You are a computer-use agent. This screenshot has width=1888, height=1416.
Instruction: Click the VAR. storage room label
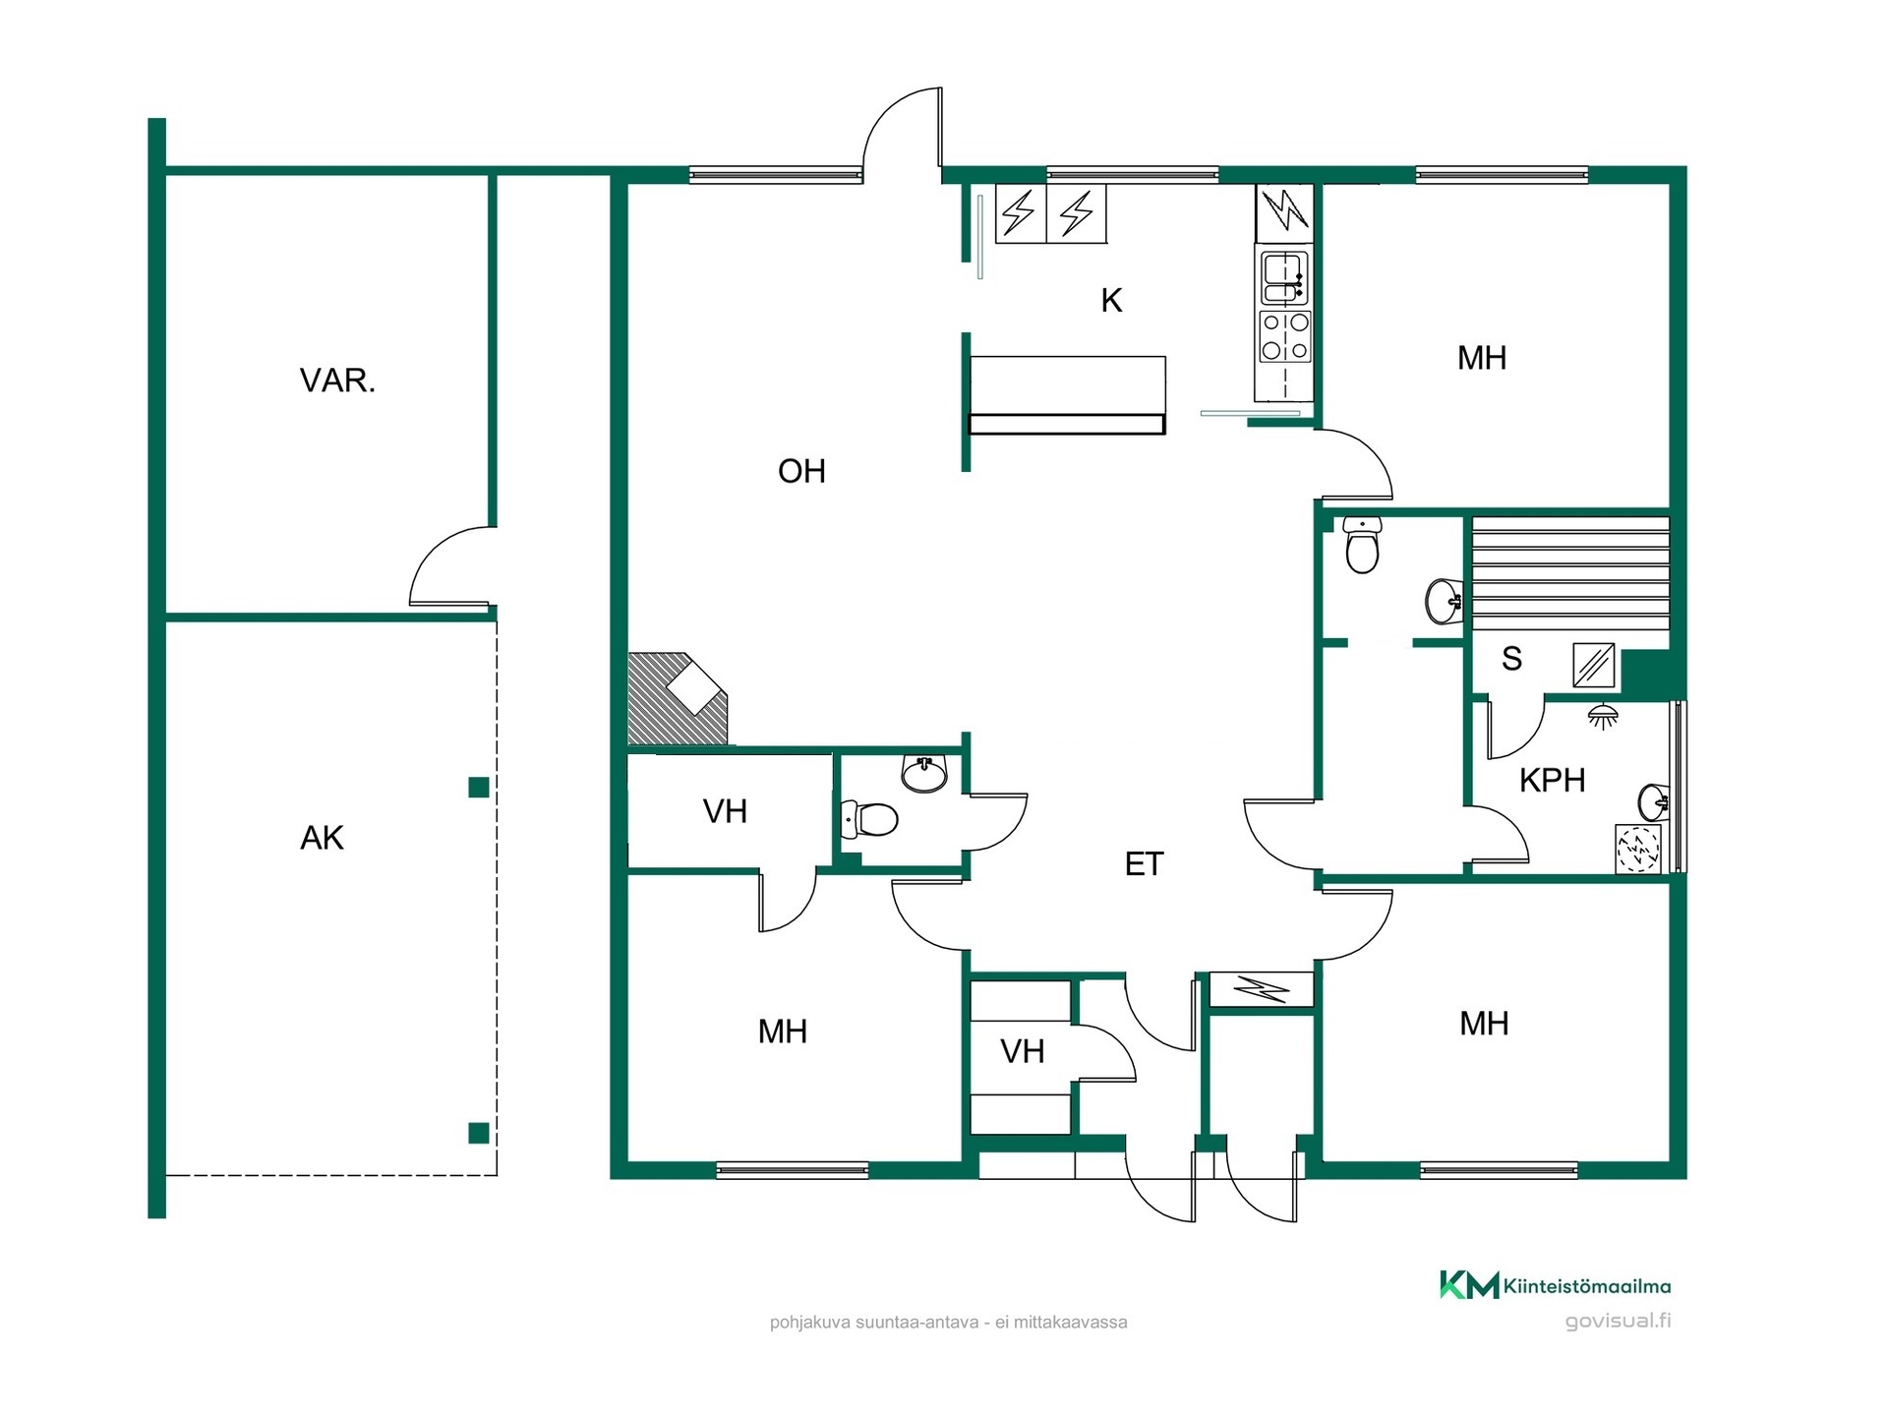[337, 381]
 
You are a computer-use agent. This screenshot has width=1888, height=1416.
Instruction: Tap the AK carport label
[322, 838]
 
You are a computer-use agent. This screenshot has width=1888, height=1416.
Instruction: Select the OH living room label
[801, 472]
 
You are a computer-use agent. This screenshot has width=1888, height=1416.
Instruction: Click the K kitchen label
[1111, 301]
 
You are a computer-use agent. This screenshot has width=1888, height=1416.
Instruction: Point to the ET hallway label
[1144, 864]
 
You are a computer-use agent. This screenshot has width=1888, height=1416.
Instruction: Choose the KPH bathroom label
[1552, 781]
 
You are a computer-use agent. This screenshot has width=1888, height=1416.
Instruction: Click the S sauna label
[1511, 659]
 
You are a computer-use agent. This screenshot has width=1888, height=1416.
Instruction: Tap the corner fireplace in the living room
[677, 698]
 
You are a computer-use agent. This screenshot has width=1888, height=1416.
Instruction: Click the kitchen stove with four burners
[1285, 335]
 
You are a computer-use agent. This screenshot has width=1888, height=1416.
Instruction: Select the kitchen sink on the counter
[1284, 276]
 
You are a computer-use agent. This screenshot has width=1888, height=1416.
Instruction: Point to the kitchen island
[1067, 394]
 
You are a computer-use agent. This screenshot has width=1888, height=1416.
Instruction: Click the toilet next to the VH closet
[869, 819]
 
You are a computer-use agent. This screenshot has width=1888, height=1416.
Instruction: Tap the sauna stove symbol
[1593, 665]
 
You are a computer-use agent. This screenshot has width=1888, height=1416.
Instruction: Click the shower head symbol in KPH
[1603, 715]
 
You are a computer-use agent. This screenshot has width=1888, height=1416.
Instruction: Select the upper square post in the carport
[479, 787]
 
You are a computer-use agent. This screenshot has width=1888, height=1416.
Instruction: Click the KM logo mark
[1469, 1285]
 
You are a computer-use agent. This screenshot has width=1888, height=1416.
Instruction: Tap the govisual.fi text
[1618, 1321]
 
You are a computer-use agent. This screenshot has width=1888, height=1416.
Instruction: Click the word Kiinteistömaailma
[1587, 1286]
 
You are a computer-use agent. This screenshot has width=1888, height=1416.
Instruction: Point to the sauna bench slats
[1570, 573]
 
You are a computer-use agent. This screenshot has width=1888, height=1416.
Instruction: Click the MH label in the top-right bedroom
[1482, 358]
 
